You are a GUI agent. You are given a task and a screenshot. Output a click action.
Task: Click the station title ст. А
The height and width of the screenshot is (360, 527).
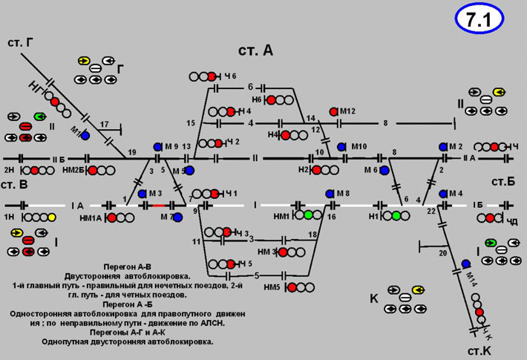(256, 50)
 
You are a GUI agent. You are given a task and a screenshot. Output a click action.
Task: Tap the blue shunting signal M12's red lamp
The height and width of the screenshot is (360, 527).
(334, 111)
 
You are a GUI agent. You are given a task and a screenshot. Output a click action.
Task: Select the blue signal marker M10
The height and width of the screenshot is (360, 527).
(341, 147)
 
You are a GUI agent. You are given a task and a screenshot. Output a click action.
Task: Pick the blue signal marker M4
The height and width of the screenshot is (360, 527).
(443, 194)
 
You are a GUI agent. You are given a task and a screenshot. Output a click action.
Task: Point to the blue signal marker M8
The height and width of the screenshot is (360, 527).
(330, 194)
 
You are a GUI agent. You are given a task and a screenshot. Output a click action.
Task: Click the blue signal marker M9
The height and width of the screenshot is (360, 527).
(157, 147)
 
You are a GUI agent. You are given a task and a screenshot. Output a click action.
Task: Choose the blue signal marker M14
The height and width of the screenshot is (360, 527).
(465, 264)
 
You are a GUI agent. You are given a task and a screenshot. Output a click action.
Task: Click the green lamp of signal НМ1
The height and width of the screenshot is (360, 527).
(307, 215)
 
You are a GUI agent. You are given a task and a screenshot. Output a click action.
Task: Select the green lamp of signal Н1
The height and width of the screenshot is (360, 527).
(396, 215)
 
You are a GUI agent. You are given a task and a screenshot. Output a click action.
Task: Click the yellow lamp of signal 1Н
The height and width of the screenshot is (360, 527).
(51, 217)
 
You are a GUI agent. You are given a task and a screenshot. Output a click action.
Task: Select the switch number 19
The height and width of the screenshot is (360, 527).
(132, 152)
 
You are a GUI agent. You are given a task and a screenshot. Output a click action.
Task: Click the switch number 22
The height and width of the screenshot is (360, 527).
(431, 212)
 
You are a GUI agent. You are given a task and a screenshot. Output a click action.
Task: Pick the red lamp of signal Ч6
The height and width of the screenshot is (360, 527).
(212, 76)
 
